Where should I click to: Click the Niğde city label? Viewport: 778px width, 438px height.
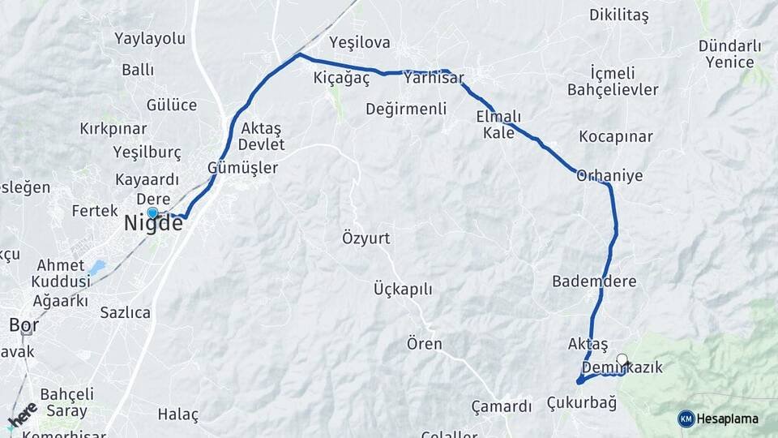pos(153,224)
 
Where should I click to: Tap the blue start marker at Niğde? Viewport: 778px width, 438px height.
pos(152,213)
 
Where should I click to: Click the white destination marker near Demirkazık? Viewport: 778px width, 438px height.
pos(622,359)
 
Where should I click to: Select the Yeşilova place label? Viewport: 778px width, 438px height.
pos(360,43)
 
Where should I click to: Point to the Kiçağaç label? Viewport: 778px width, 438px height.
pos(341,78)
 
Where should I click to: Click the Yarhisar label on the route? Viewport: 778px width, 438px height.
pos(434,78)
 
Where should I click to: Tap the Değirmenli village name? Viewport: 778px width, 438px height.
pos(406,109)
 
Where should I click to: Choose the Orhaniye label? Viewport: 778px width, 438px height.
pos(609,175)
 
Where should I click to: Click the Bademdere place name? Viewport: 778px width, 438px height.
pos(594,281)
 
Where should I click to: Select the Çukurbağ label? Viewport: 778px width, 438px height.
pos(581,402)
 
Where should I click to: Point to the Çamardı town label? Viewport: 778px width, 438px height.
pos(502,406)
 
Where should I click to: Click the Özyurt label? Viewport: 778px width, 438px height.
pos(366,238)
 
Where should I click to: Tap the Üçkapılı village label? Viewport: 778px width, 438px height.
pos(403,290)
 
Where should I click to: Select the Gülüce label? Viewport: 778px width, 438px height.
pos(172,105)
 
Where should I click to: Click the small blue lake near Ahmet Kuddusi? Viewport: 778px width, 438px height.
pos(97,267)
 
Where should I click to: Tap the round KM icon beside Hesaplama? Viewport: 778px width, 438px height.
pos(686,419)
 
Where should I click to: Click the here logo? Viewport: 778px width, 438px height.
pos(21,415)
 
